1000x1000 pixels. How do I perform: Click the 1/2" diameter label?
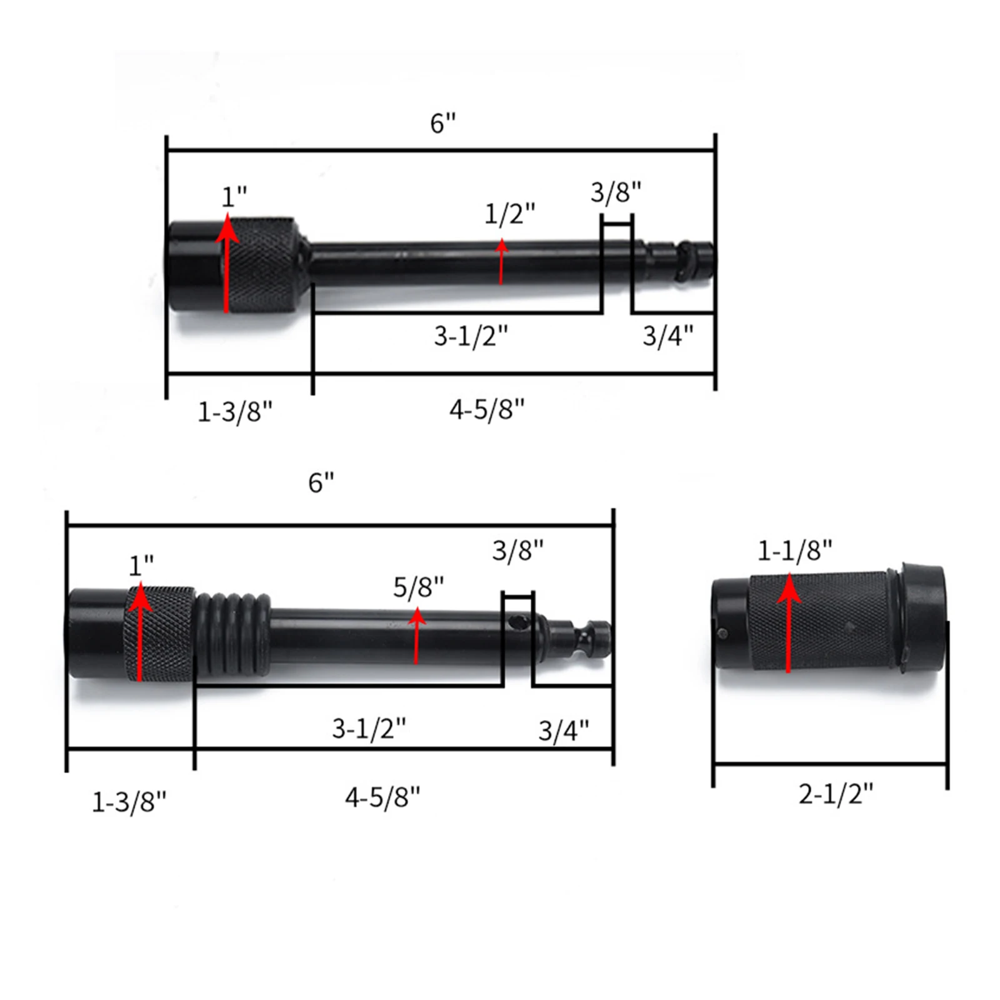[509, 214]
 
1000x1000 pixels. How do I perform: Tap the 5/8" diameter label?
[418, 587]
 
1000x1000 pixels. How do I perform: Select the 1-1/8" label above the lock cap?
[794, 551]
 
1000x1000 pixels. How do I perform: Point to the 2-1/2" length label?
[835, 794]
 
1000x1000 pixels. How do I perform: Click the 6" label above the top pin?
[442, 123]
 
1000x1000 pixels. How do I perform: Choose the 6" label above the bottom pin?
[321, 482]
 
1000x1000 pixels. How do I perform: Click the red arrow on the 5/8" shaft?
[416, 634]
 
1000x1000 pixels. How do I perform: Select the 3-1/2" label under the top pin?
[471, 336]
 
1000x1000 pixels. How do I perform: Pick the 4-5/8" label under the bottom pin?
[382, 797]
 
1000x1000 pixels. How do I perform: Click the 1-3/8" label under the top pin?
[235, 412]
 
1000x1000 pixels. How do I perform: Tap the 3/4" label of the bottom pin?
[563, 730]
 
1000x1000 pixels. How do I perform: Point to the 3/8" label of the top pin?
[616, 192]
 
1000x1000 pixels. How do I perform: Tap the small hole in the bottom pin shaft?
[518, 622]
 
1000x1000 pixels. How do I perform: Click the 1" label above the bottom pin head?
[141, 566]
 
